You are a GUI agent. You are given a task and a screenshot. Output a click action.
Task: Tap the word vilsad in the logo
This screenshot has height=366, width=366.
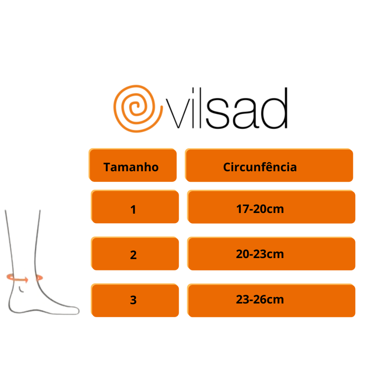(x=227, y=110)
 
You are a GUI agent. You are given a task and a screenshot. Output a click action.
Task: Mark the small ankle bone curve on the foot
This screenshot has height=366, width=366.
(x=22, y=290)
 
